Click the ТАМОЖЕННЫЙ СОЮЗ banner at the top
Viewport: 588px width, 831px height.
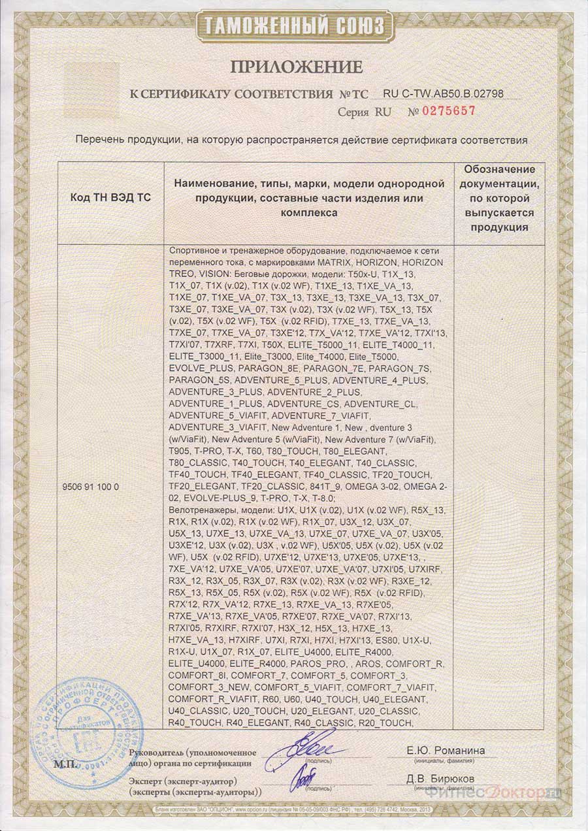[x=294, y=25]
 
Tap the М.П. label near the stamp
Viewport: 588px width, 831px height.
[x=63, y=763]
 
